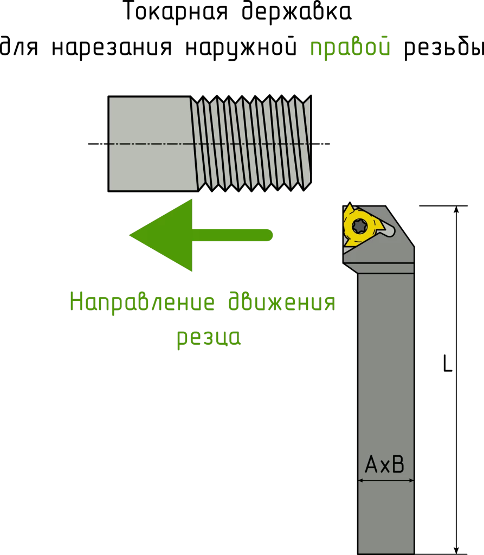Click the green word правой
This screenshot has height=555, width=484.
350,48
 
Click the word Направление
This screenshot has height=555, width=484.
142,302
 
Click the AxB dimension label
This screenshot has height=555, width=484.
385,465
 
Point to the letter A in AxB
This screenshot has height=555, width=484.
371,465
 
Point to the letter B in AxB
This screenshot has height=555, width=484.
398,465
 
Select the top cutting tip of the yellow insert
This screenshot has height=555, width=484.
349,208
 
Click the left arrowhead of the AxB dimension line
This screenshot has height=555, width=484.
362,480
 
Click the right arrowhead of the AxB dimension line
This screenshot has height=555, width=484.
410,480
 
